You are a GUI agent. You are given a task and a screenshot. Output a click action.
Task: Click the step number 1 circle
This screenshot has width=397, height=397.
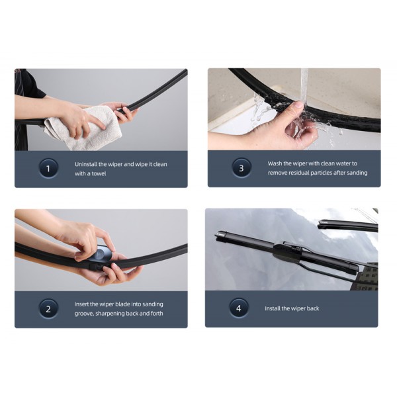coord(48,168)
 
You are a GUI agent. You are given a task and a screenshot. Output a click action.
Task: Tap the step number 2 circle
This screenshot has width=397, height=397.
coord(48,309)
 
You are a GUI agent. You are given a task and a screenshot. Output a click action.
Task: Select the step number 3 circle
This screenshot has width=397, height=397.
coord(242,168)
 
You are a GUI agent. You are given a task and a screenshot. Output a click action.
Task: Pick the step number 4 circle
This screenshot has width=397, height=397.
coord(239,308)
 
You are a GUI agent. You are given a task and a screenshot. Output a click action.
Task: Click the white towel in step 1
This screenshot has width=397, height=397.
coord(83,129)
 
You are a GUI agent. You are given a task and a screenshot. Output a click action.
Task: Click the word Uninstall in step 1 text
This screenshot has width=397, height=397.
coord(86,164)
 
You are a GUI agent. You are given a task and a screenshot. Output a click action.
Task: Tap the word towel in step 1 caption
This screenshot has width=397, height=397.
coord(99,173)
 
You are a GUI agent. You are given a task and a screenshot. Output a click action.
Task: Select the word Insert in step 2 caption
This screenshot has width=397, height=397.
coord(81,304)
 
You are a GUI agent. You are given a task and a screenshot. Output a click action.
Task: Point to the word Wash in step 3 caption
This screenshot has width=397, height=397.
coord(274,163)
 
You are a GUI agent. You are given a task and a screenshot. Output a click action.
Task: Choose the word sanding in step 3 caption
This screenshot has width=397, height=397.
coord(357,173)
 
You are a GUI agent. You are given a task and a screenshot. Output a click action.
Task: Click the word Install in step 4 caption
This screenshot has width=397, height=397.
coord(272,308)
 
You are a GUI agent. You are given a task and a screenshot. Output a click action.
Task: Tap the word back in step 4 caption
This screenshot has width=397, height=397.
coord(313,308)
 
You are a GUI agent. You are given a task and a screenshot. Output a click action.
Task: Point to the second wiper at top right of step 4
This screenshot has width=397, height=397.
coord(347,226)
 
